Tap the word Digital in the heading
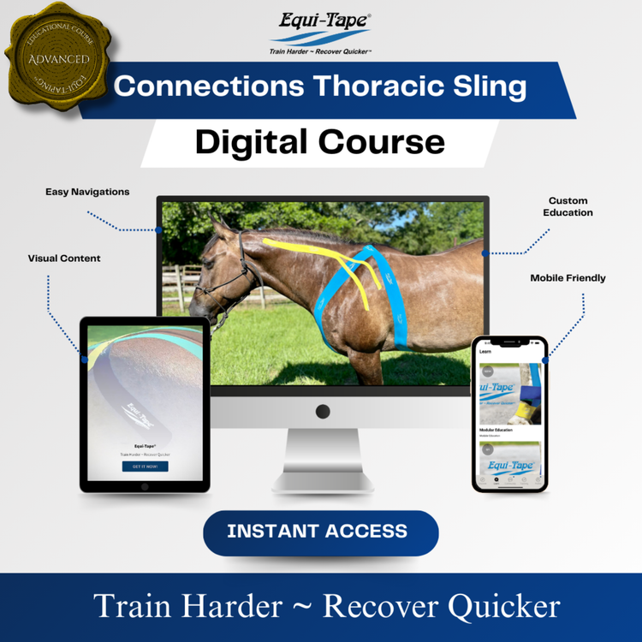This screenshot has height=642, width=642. pos(248,141)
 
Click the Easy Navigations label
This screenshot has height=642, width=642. pos(87,192)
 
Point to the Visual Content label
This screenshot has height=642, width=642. pos(64,258)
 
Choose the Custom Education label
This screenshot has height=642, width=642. pos(568,206)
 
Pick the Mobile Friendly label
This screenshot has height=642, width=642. pos(568,278)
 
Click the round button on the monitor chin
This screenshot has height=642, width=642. pos(323,412)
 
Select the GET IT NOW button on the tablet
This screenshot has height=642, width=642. pos(145,467)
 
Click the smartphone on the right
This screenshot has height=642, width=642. pos(509,414)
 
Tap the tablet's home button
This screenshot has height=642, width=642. pos(145,486)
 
